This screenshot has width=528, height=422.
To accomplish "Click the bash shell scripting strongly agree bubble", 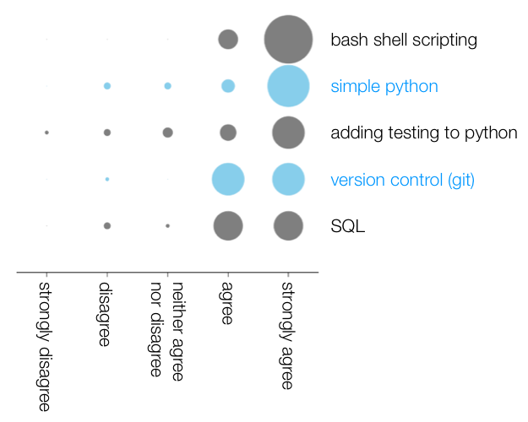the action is click(288, 40).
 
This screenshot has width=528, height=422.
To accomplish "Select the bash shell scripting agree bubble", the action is click(228, 40).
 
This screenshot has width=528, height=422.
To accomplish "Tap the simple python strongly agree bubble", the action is click(288, 86).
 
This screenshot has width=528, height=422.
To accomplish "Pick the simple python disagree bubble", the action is click(107, 86).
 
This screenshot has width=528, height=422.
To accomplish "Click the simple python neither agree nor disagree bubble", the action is click(168, 86).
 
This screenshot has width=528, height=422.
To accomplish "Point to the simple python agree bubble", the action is click(228, 86).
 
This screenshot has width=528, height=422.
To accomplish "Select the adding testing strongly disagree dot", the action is click(46, 133).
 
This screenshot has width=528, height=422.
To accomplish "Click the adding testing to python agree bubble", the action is click(228, 133).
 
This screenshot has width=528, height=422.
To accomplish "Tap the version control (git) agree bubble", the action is click(228, 180).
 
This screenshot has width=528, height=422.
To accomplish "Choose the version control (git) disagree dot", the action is click(107, 180).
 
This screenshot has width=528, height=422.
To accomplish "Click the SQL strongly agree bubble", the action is click(288, 226).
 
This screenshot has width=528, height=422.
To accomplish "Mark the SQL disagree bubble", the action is click(107, 226).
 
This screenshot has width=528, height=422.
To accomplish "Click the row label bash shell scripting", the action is click(404, 40).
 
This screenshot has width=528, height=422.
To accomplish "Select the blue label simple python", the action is click(384, 87).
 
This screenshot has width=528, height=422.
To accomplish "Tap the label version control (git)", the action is click(403, 180).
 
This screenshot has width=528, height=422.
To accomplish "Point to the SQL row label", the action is click(348, 226).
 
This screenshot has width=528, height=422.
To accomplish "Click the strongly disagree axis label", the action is click(45, 347).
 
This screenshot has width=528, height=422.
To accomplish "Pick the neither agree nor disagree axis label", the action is click(166, 332).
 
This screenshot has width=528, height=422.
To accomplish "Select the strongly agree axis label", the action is click(287, 336).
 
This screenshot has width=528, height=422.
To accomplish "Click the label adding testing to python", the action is click(424, 133).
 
